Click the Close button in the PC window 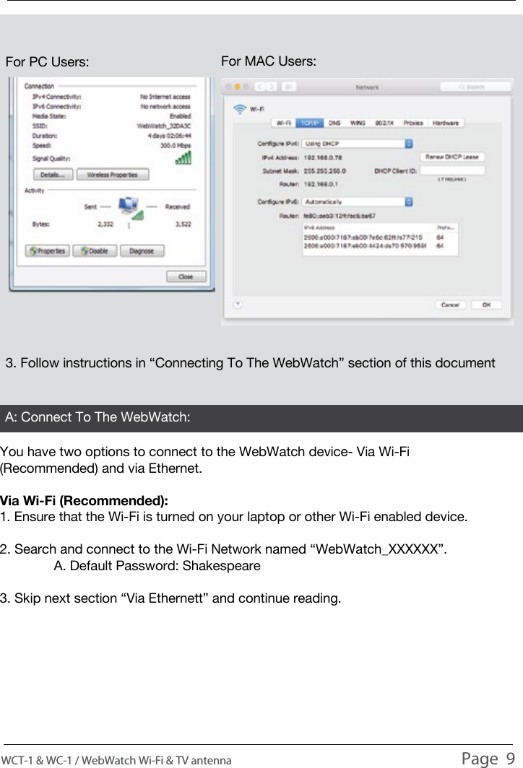point(186,276)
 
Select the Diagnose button point(141,251)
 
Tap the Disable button point(95,251)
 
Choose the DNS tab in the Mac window point(335,123)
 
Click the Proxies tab point(414,123)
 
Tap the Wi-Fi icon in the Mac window point(238,110)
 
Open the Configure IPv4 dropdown point(358,144)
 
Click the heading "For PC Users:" point(48,62)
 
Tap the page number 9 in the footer point(510,757)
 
